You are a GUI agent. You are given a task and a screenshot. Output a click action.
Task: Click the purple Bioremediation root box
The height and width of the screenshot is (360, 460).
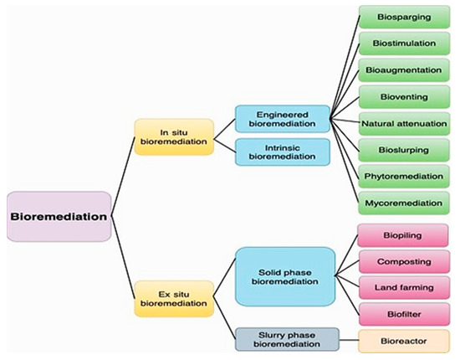(x=59, y=216)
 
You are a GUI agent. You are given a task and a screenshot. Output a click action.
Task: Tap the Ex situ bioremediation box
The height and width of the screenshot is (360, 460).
(x=174, y=297)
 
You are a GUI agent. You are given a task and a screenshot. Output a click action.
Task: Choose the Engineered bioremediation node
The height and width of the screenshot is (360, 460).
(x=281, y=118)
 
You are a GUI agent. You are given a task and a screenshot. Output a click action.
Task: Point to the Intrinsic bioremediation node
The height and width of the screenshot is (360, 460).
(x=281, y=152)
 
